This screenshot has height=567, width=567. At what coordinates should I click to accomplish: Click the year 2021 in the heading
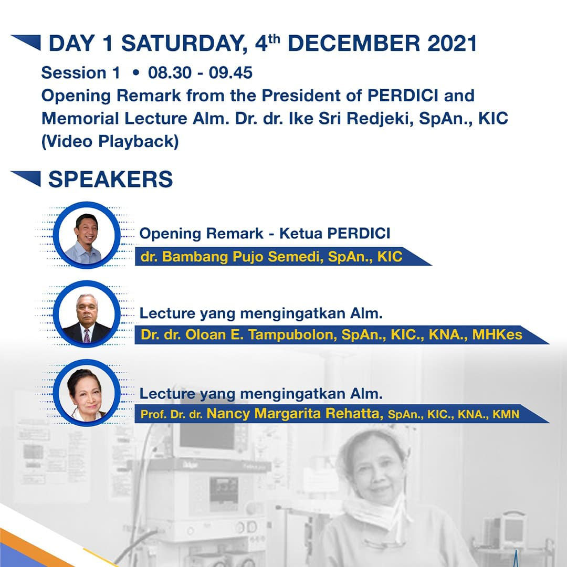point(452,44)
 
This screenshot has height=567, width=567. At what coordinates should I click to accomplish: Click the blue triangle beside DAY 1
point(26,42)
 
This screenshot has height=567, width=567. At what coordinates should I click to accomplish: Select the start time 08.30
point(170,72)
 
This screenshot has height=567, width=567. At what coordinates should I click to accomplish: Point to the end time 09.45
point(230,72)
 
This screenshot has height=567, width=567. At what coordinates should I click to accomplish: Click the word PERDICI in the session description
point(403,96)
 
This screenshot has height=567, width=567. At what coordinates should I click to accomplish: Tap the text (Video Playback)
point(110,141)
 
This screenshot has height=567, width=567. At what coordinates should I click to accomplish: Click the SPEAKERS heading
point(111,179)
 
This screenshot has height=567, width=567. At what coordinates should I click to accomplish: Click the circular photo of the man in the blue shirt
point(87,235)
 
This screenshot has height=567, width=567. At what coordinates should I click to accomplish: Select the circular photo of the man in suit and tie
point(87,314)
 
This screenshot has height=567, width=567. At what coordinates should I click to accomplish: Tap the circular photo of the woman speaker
point(87,393)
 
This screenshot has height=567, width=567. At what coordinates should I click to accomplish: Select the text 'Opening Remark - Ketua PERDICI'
point(265,234)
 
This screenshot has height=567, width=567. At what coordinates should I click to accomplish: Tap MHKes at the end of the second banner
point(497,334)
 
